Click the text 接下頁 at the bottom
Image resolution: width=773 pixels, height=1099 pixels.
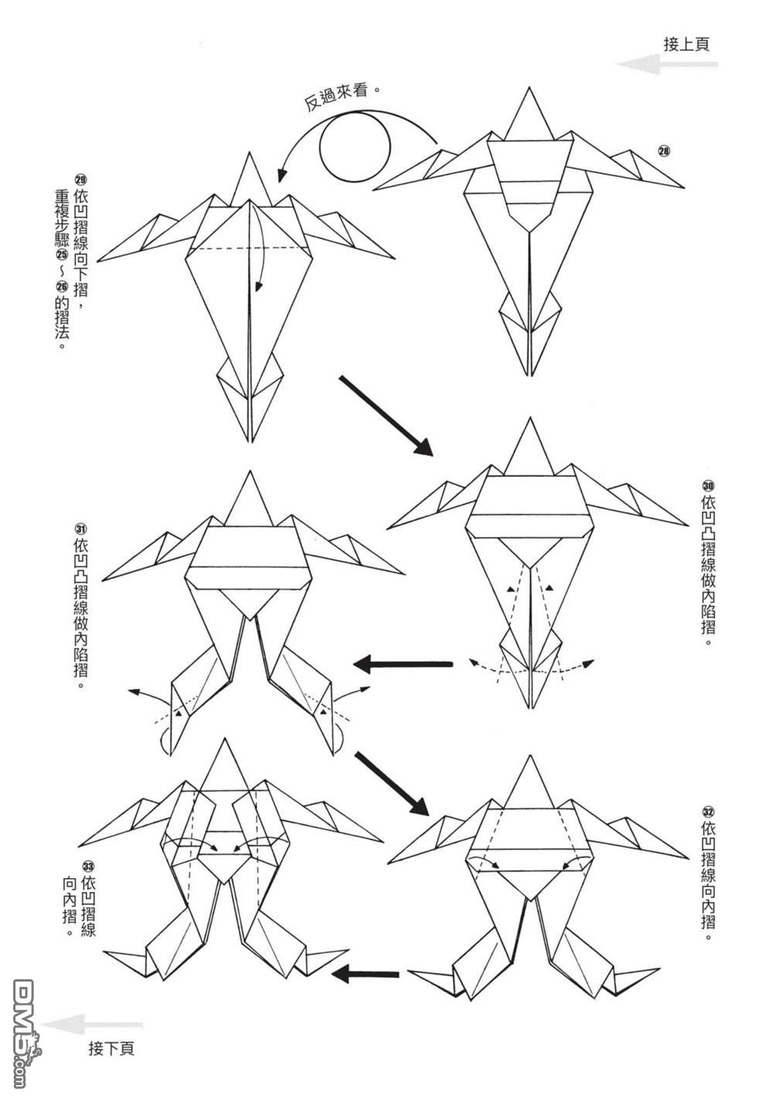coord(111,1048)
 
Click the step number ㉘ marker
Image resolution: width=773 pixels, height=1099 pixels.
coord(663,151)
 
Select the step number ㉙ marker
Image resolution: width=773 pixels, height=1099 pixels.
coord(80,177)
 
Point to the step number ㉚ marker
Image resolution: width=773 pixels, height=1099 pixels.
coord(707,485)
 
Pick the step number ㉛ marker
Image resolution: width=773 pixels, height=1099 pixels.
coord(80,529)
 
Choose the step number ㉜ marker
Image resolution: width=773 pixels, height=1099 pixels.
coord(707,811)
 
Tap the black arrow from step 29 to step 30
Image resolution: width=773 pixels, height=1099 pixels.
coord(383,414)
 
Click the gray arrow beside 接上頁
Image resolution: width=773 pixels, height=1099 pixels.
coord(666,65)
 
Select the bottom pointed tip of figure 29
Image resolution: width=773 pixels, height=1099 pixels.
coord(250,443)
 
